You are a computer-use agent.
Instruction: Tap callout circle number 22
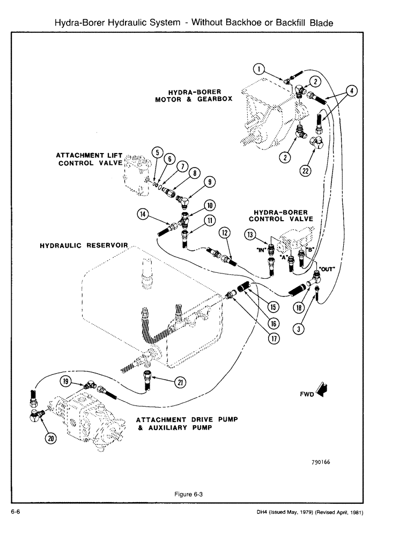pos(306,171)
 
